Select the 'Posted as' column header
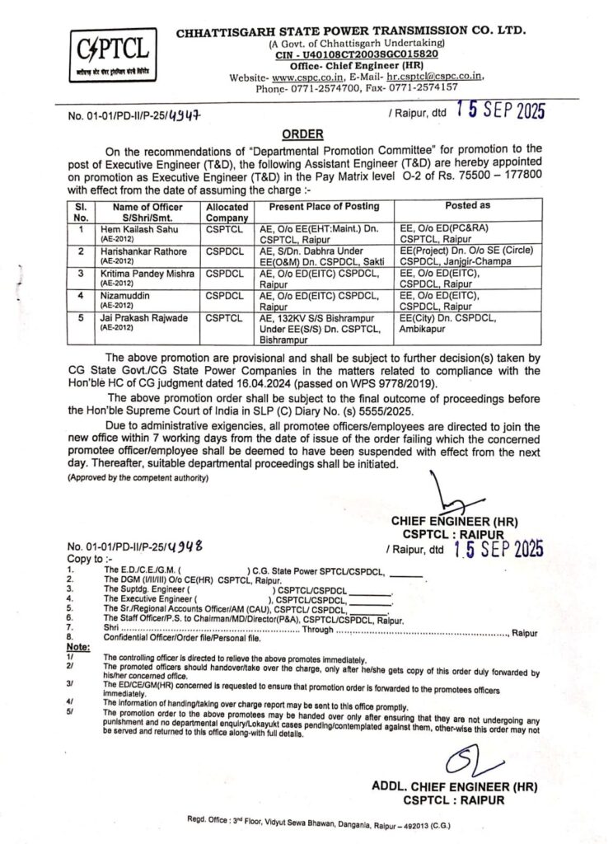tap(467, 204)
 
